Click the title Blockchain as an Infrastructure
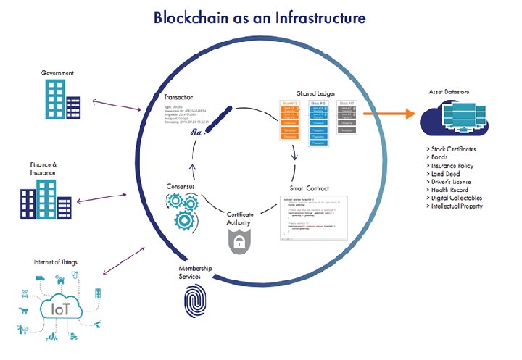(x=260, y=17)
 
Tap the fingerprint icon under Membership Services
(x=195, y=298)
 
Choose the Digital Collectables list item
(x=457, y=198)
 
